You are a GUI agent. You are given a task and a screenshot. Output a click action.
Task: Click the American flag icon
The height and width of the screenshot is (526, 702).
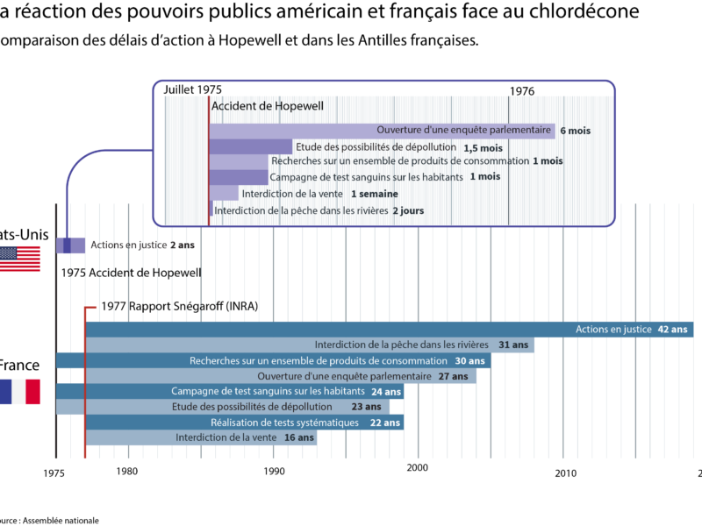20,259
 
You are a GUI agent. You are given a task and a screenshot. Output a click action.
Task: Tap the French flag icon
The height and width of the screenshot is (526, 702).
20,391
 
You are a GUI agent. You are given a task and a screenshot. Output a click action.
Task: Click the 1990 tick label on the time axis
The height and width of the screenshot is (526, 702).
274,471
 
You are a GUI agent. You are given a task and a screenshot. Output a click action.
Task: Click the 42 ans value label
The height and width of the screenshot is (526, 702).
673,330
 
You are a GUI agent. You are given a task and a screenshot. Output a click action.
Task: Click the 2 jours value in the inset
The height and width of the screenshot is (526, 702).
408,211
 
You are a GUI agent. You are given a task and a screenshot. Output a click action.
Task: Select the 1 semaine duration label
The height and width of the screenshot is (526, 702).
374,194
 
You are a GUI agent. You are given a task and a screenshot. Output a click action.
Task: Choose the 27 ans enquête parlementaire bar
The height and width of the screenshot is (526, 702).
281,376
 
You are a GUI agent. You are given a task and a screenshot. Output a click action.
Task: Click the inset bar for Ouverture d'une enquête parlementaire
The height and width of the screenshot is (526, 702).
382,131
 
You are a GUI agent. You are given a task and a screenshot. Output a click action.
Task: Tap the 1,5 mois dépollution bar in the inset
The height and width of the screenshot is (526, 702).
250,146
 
